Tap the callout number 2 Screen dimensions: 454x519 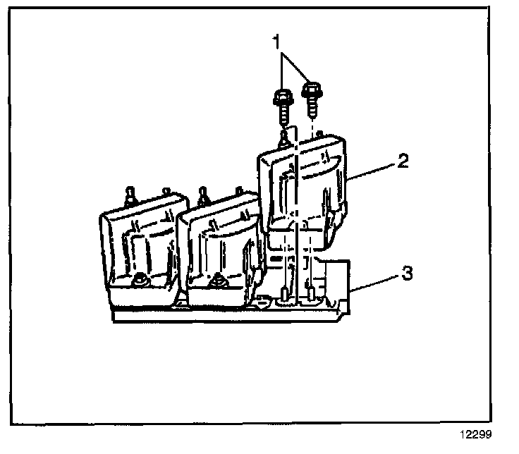[x=403, y=161]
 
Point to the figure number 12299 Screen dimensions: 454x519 [x=477, y=435]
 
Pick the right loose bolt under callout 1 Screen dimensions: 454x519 [x=311, y=95]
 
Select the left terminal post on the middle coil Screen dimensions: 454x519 [x=202, y=194]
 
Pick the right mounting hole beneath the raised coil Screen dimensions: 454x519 [x=310, y=290]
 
